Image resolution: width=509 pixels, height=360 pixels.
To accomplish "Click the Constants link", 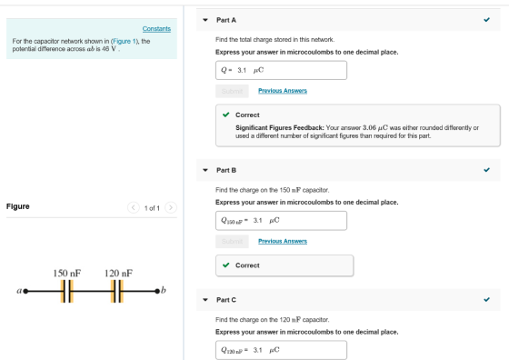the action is [x=156, y=29].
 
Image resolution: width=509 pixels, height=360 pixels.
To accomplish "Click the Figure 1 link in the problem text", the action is [x=124, y=41].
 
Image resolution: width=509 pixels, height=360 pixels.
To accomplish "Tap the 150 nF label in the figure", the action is [x=67, y=274].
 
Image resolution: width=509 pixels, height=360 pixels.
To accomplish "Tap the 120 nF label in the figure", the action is [x=118, y=274].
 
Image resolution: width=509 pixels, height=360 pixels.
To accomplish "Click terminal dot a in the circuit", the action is [x=25, y=291].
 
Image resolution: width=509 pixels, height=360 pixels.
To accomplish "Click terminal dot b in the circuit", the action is [x=157, y=291].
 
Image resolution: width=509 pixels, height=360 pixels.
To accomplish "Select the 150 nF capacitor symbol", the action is [x=67, y=292].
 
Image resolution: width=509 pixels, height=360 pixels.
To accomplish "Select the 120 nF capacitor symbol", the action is [x=117, y=292].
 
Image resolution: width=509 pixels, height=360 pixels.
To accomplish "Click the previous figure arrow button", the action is [x=133, y=207].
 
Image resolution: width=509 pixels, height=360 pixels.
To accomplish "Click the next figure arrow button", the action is [x=171, y=207].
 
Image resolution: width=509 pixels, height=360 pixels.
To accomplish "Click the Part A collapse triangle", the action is [x=205, y=20].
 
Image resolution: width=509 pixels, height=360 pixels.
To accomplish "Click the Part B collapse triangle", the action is [x=205, y=170].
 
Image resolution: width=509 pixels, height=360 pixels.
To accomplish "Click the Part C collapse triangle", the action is [x=205, y=300].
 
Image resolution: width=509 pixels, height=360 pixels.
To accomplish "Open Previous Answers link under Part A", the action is [x=283, y=91].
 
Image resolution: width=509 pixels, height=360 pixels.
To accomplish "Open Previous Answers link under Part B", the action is [x=283, y=241].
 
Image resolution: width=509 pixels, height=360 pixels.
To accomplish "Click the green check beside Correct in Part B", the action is [x=226, y=265].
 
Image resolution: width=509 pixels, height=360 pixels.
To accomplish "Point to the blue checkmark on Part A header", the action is [x=486, y=20].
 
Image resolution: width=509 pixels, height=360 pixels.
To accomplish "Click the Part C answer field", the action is [x=281, y=350].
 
